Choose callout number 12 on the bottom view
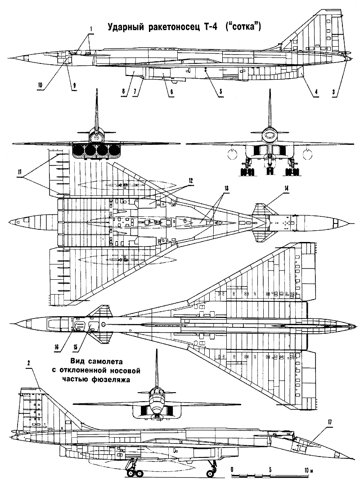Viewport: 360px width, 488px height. click(x=191, y=180)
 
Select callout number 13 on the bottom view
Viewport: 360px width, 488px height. click(x=225, y=188)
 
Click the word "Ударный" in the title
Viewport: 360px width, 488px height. click(x=123, y=28)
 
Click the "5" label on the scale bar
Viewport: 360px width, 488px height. click(x=270, y=470)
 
